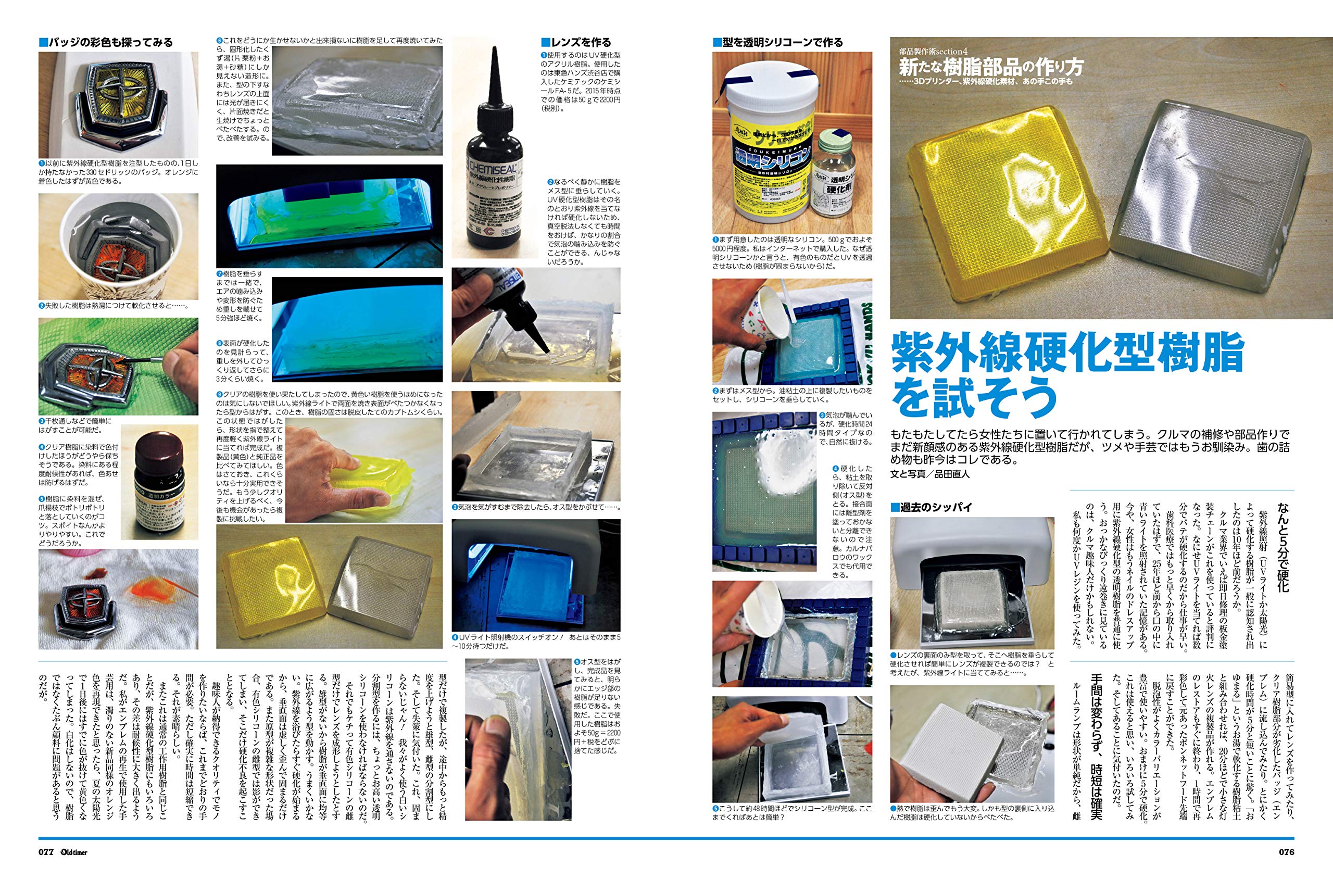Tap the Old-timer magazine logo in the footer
[74, 852]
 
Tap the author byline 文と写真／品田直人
[930, 474]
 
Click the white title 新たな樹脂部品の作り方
[990, 68]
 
